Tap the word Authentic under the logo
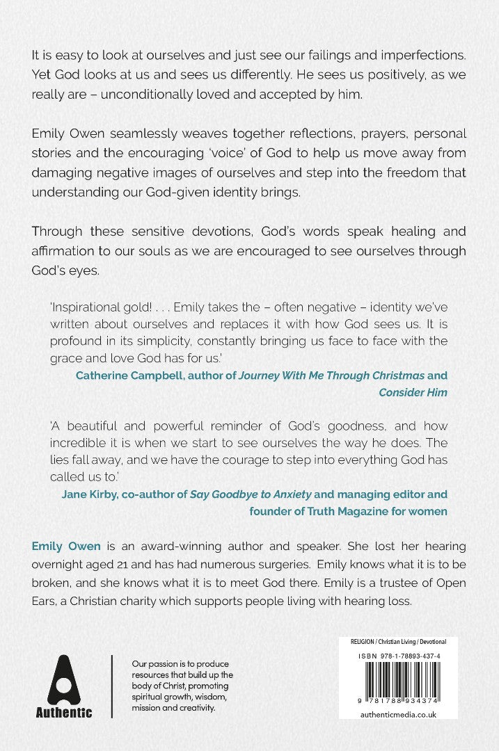pyautogui.click(x=64, y=712)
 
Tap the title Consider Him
pyautogui.click(x=413, y=393)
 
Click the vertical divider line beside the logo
pyautogui.click(x=112, y=686)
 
